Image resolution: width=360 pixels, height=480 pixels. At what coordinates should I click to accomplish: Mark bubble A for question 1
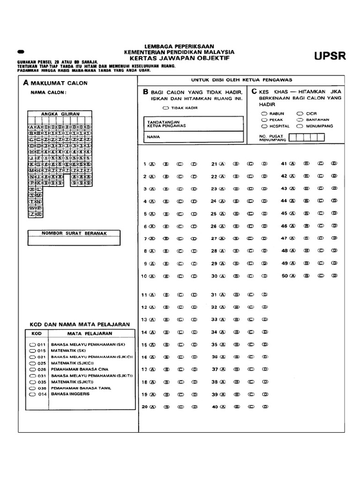tap(152, 164)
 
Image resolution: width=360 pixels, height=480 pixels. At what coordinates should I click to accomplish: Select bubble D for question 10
tap(194, 276)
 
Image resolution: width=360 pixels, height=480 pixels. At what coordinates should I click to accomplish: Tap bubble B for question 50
tap(307, 276)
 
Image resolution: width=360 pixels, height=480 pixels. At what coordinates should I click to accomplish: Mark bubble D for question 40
tap(265, 407)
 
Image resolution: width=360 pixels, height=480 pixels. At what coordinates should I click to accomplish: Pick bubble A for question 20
tap(152, 407)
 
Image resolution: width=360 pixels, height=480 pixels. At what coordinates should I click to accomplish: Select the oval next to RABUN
tap(264, 114)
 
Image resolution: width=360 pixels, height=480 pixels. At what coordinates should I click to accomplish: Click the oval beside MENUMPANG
tap(300, 126)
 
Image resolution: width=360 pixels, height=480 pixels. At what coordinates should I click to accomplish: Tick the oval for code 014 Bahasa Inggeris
tap(32, 394)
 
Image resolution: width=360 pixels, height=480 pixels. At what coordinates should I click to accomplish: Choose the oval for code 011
tap(32, 345)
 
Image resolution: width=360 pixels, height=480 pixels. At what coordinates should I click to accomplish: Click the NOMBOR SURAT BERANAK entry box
tap(74, 240)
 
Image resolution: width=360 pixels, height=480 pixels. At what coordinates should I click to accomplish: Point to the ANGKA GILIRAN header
tap(60, 114)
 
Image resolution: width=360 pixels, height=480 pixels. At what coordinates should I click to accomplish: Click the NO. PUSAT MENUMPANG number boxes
tap(307, 137)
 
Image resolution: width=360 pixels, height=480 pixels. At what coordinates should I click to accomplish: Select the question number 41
tap(283, 164)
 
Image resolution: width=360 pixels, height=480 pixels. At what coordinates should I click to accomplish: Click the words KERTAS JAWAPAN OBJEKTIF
tap(180, 59)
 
